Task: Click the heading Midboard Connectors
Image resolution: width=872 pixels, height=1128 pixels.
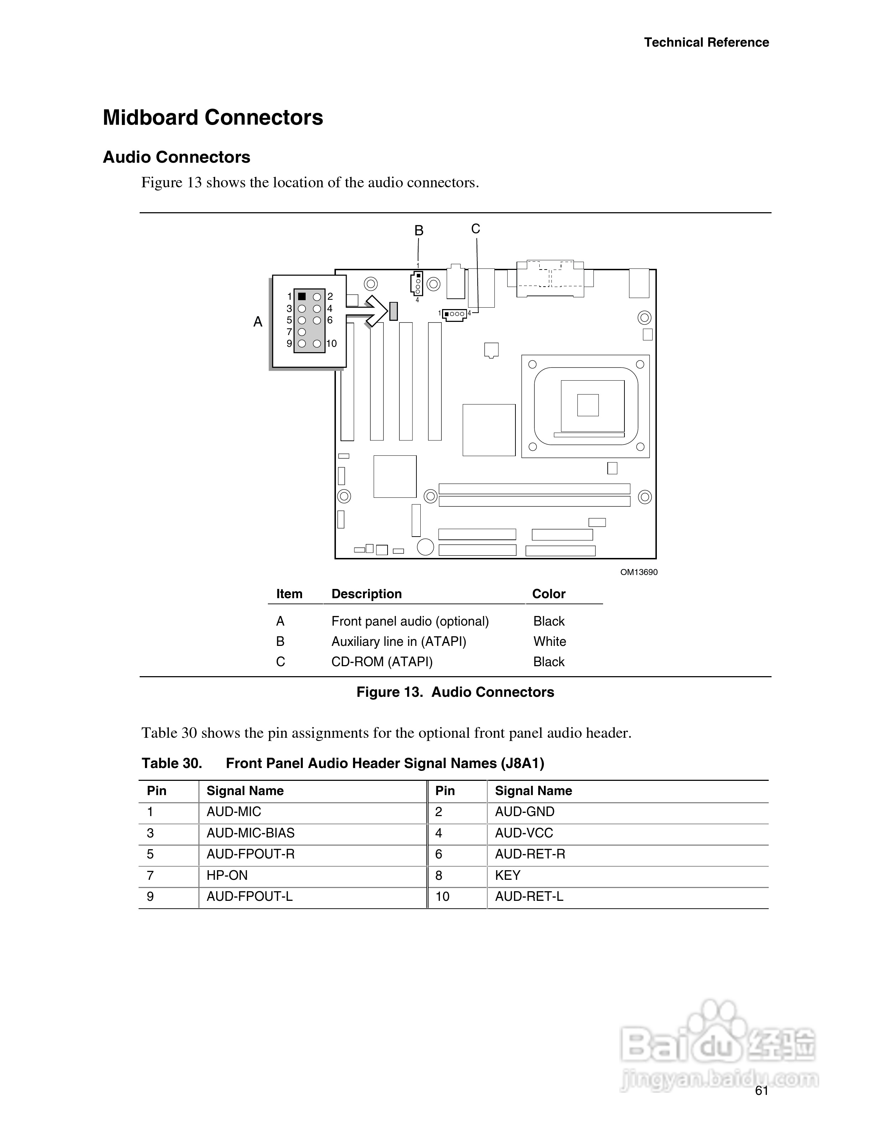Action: tap(213, 118)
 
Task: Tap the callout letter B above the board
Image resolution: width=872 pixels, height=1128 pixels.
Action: tap(419, 231)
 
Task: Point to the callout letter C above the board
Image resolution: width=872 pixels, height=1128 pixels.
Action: tap(476, 229)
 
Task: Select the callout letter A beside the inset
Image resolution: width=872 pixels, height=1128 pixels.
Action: tap(258, 322)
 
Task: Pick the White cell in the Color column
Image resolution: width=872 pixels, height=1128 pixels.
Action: tap(550, 642)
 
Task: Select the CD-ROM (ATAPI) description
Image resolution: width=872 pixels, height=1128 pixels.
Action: tap(382, 662)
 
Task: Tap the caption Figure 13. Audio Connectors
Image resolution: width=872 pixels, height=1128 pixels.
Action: tap(455, 692)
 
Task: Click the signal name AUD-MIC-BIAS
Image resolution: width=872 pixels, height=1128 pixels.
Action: tap(250, 833)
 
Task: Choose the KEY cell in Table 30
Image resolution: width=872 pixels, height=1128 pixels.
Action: tap(508, 876)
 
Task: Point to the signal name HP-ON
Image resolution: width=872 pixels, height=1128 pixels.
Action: tap(227, 876)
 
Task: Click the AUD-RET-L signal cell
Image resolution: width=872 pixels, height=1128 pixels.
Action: tap(529, 897)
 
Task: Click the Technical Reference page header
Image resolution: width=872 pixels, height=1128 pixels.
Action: tap(706, 42)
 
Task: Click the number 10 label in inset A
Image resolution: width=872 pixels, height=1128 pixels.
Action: tap(332, 344)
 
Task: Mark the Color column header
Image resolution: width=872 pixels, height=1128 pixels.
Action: tap(549, 594)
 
